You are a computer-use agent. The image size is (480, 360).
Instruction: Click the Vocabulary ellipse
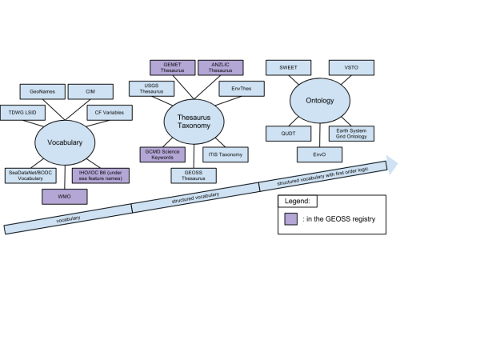(65, 142)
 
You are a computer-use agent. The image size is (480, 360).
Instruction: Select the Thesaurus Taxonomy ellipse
(194, 122)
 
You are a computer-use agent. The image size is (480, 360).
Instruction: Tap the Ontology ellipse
(320, 101)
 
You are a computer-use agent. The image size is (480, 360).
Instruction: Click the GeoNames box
(42, 91)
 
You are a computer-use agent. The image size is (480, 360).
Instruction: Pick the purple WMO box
(65, 197)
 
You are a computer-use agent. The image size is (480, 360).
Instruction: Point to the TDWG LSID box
(22, 113)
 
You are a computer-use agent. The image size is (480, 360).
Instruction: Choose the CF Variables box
(110, 113)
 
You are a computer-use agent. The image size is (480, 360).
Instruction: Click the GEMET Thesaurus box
(173, 68)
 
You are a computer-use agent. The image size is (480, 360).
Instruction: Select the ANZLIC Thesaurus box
(221, 68)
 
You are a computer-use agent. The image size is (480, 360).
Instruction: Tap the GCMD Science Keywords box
(162, 154)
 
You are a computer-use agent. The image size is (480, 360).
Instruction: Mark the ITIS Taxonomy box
(226, 154)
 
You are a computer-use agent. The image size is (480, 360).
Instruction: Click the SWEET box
(289, 68)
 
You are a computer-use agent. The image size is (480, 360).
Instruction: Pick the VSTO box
(351, 68)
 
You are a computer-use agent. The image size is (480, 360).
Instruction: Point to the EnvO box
(319, 154)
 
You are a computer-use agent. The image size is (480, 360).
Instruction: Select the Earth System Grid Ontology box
(351, 134)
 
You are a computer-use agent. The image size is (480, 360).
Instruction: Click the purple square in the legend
(291, 219)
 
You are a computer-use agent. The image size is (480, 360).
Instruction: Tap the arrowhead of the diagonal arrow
(392, 165)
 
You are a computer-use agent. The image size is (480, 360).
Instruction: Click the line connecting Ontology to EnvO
(320, 135)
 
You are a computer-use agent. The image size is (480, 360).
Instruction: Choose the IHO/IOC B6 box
(101, 176)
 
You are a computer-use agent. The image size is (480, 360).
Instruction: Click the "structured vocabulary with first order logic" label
(322, 177)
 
